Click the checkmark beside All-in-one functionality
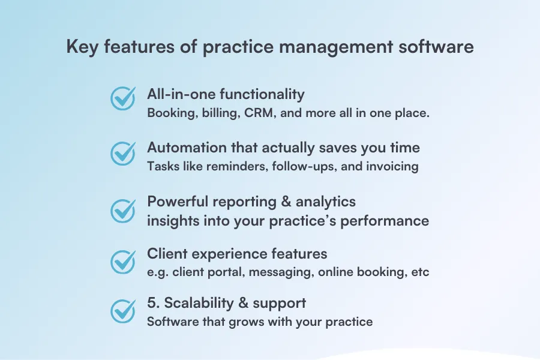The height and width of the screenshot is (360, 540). point(123,99)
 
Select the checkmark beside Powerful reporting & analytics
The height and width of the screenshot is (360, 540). point(123,210)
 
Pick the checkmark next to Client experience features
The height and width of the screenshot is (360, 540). point(123,262)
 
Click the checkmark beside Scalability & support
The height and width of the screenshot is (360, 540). point(123,311)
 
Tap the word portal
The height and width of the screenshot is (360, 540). point(219,272)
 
